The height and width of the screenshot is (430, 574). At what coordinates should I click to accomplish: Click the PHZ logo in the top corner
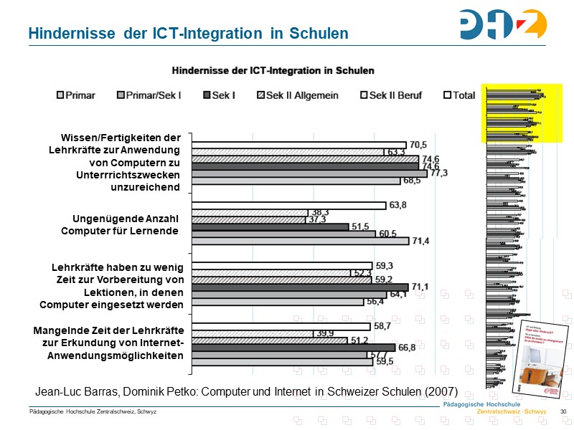click(x=504, y=25)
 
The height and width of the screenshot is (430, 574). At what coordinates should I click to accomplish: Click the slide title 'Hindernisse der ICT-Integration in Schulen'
click(x=188, y=34)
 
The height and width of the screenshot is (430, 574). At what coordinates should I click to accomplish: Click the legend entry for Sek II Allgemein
click(x=297, y=95)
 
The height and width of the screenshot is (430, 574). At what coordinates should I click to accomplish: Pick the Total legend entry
click(x=459, y=95)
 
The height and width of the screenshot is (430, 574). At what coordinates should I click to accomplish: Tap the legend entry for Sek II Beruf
click(x=390, y=95)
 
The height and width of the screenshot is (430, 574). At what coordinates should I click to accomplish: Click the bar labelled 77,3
click(x=309, y=173)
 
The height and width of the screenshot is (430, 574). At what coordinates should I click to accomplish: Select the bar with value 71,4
click(x=299, y=241)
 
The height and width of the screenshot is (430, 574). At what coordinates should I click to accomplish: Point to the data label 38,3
click(x=320, y=212)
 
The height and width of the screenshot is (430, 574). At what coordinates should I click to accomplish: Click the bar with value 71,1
click(x=299, y=287)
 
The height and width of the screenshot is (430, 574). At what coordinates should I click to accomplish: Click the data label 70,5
click(x=418, y=144)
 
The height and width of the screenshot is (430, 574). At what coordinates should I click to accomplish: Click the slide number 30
click(x=563, y=411)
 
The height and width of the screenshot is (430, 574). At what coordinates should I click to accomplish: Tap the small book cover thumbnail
click(x=539, y=356)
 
